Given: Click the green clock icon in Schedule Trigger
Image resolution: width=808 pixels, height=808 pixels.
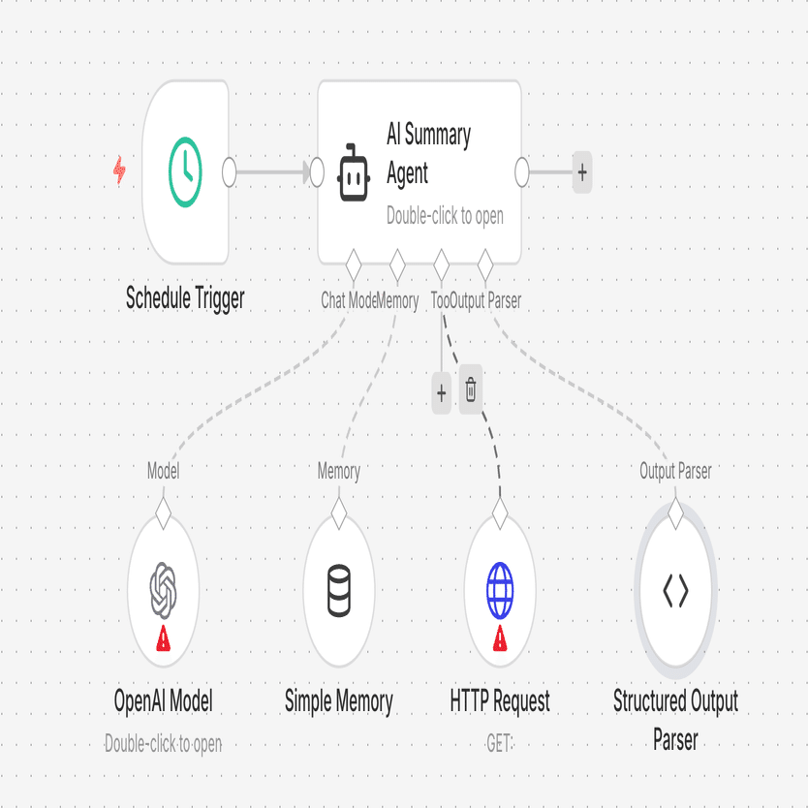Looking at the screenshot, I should (x=185, y=172).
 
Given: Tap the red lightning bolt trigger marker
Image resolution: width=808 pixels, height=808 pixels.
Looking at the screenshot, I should (x=120, y=172).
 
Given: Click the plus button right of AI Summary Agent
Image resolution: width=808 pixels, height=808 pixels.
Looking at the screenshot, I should (x=581, y=172).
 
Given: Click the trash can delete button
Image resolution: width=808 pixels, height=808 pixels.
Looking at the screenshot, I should (x=471, y=391).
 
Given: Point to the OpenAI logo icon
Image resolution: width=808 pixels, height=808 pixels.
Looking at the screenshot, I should (x=164, y=589).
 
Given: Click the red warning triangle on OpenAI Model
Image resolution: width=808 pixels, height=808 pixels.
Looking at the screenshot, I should (x=164, y=637).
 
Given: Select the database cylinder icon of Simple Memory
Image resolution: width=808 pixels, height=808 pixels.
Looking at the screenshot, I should (x=338, y=589).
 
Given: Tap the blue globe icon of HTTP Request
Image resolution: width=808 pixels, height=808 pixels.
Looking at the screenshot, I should (x=500, y=589).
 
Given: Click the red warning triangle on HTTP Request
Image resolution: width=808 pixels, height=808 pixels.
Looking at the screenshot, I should (x=500, y=637).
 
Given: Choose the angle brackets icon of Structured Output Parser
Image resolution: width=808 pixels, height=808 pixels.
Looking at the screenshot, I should (x=675, y=590).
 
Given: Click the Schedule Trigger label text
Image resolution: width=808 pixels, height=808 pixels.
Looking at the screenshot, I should (x=185, y=298).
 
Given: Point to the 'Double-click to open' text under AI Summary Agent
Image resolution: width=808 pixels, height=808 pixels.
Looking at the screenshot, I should (x=445, y=216).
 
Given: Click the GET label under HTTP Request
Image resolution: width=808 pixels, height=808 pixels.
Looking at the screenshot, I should (x=499, y=744).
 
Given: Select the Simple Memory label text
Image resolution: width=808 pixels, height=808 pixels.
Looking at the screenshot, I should (x=338, y=701).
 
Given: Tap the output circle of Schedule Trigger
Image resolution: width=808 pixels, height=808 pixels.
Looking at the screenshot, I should (x=230, y=172).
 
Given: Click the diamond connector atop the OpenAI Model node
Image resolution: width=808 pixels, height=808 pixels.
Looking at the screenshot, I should (x=163, y=512).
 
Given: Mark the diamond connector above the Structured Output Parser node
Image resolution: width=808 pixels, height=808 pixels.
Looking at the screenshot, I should (x=675, y=510).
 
